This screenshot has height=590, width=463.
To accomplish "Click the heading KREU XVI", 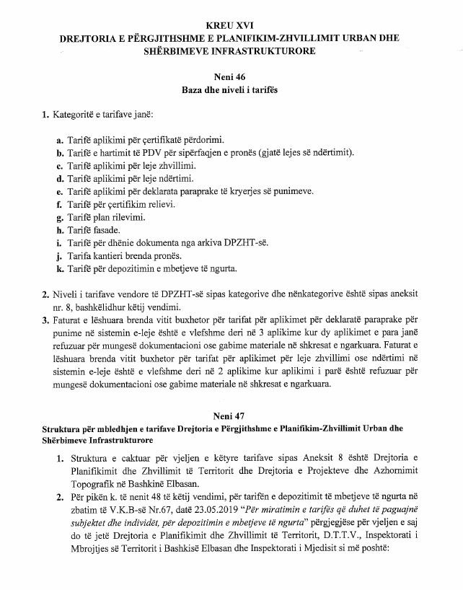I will pyautogui.click(x=231, y=26).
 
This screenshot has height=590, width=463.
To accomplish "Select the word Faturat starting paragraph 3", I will pyautogui.click(x=66, y=320).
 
